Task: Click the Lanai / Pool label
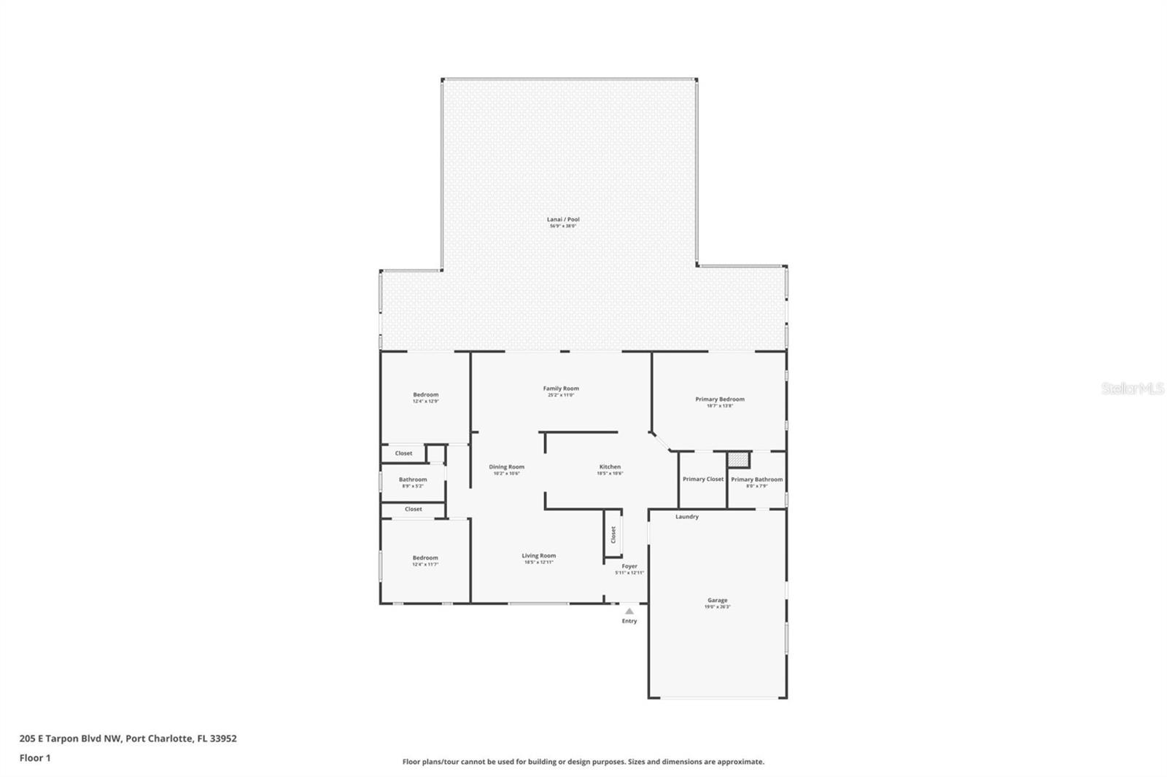coord(563,219)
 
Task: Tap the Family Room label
coord(561,388)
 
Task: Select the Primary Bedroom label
coord(720,399)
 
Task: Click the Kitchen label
coord(610,467)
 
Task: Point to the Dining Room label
coord(506,467)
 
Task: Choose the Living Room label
coord(538,556)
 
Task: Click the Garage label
coord(717,601)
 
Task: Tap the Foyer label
coord(629,566)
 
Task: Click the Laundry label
coord(686,517)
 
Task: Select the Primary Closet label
coord(703,480)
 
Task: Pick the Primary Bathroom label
coord(756,480)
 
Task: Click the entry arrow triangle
coord(629,612)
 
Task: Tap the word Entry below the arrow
coord(629,621)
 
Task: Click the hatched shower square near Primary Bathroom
coord(739,460)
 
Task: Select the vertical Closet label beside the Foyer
coord(613,535)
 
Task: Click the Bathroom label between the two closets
coord(413,480)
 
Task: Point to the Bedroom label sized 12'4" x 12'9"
coord(426,395)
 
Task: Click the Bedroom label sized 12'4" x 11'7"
coord(425,558)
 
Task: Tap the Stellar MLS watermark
coord(1132,389)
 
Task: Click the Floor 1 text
coord(35,758)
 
